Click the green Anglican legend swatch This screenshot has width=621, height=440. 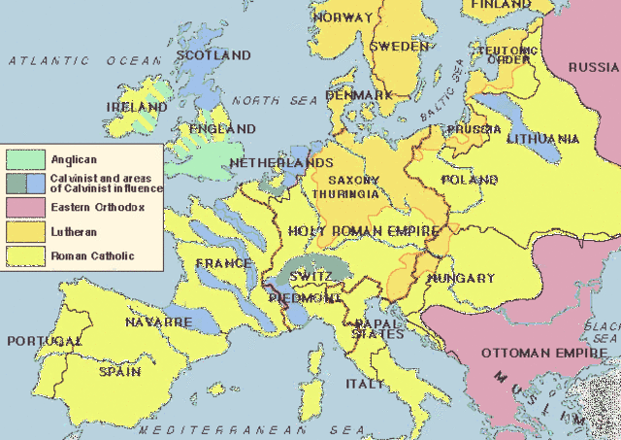(x=24, y=157)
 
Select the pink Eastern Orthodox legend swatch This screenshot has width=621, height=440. (x=24, y=208)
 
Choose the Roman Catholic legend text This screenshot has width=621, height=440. (x=92, y=256)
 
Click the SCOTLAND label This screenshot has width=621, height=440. (x=215, y=55)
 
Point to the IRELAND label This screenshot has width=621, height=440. (x=138, y=106)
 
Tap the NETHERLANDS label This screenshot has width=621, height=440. (x=281, y=163)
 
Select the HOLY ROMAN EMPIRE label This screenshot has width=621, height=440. (x=364, y=231)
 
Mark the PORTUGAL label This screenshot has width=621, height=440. (x=44, y=341)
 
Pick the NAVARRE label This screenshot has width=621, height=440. (x=158, y=321)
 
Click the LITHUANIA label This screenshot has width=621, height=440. (x=542, y=139)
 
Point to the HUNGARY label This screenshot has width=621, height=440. (x=461, y=278)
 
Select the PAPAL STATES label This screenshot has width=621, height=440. (x=377, y=327)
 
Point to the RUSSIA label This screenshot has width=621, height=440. (x=593, y=67)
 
